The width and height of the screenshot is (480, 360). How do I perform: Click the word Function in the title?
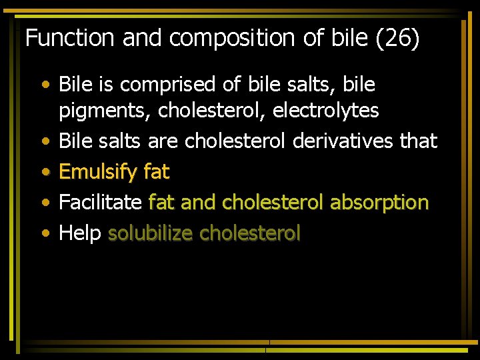point(70,38)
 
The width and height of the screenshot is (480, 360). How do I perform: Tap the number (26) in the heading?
point(397,39)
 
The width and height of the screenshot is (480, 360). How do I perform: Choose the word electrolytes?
point(327,110)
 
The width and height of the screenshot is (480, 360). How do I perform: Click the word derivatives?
point(342,141)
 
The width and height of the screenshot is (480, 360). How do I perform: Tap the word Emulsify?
point(98,173)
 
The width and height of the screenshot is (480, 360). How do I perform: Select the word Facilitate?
point(101,202)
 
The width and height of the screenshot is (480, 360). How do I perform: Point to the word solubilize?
point(151,233)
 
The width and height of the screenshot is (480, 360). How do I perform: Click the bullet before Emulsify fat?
point(45,172)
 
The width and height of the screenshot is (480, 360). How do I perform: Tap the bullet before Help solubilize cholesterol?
point(45,233)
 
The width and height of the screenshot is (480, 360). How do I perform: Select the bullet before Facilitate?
point(45,203)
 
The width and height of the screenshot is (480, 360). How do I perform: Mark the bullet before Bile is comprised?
point(45,85)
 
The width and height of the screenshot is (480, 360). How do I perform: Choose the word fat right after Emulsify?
point(157,172)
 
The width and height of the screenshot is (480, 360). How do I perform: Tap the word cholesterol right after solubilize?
point(250,233)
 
